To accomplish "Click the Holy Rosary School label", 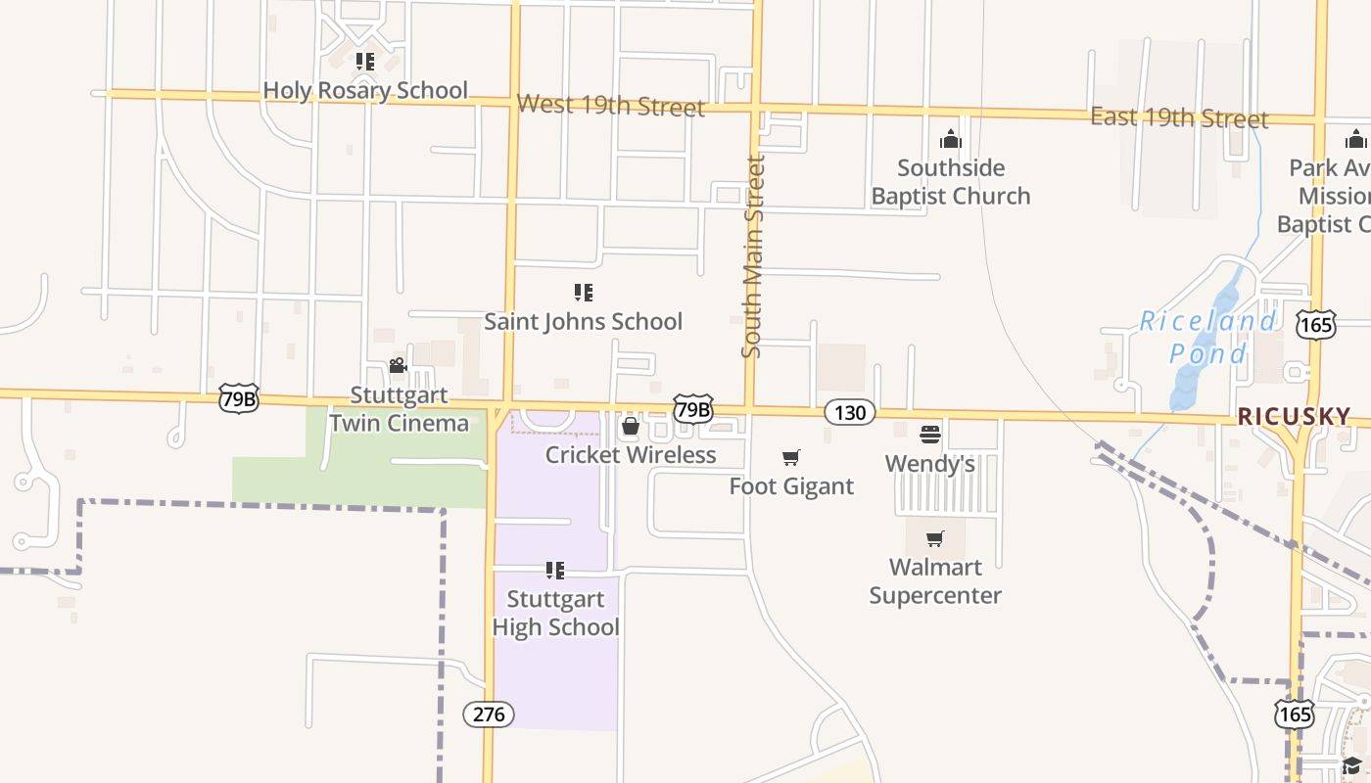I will point(365,90).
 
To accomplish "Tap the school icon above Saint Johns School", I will point(584,292).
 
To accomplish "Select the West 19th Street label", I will point(611,105).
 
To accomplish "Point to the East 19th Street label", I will point(1179,117).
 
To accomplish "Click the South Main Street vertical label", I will point(752,256).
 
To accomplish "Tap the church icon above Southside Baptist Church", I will point(951,139).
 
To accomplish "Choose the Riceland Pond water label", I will point(1208,337).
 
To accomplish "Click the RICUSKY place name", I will point(1294,417).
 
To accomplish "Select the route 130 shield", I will point(849,412).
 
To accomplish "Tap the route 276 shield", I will point(489,714).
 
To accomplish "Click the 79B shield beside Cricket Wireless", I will point(692,409).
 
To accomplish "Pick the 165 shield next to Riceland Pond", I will point(1316,325).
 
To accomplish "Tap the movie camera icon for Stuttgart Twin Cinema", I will point(398,366).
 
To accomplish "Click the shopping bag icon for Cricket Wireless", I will point(631,427).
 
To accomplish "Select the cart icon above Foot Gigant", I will point(791,457).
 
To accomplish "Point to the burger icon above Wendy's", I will point(929,434).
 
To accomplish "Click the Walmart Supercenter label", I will point(935,581).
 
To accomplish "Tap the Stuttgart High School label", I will point(555,613).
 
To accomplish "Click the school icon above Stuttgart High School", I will point(555,570).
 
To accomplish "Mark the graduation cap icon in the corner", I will point(1351,765).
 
